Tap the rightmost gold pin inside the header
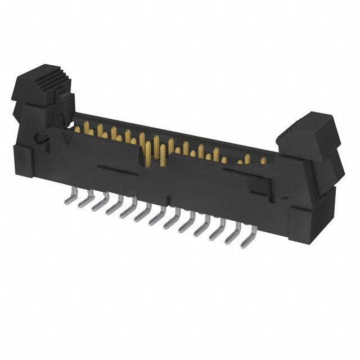(x=263, y=161)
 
